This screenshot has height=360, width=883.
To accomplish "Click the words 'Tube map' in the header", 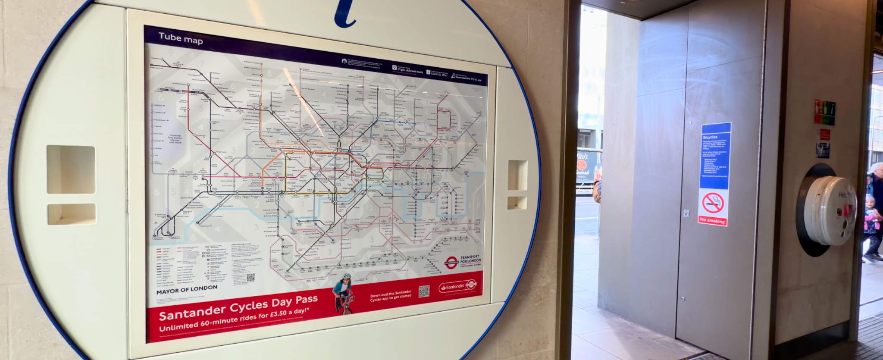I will click(180, 38).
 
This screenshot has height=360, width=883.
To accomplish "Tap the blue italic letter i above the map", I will click(347, 13).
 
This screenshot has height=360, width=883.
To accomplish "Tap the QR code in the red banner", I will click(424, 291).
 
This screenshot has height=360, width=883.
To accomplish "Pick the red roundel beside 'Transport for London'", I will click(451, 261).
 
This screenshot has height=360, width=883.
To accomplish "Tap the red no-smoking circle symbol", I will click(713, 203).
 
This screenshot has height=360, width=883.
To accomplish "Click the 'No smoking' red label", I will click(712, 220).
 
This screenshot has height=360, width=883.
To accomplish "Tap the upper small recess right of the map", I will click(517, 175).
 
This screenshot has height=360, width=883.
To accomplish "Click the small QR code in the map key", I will click(250, 277).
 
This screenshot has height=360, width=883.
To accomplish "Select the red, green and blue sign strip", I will click(825, 112).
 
